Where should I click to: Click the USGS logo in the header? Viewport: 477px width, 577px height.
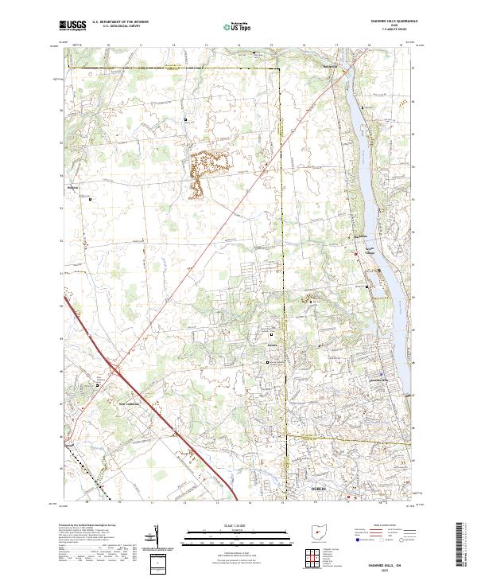(73, 25)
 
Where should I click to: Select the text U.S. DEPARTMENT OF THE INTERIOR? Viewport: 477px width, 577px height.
(120, 21)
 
